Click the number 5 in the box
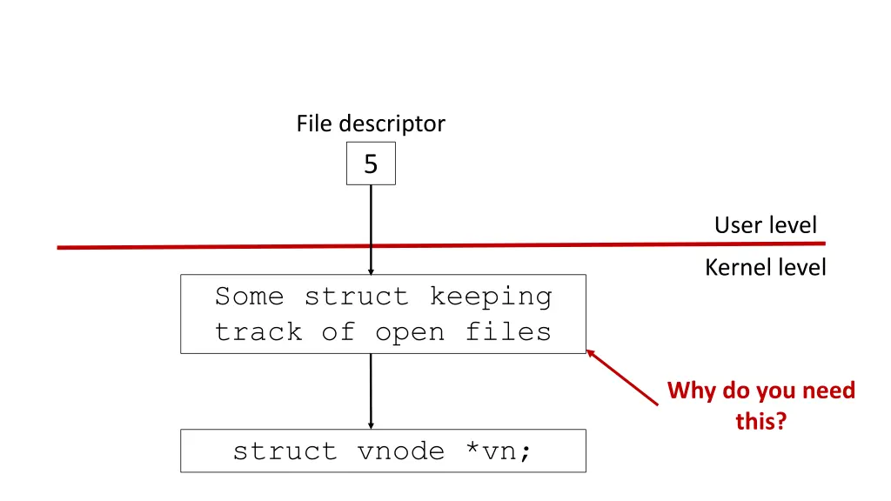click(371, 164)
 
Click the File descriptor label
click(370, 124)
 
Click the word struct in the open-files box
click(356, 297)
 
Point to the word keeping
click(490, 297)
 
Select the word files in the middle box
click(508, 332)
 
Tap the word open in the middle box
click(410, 332)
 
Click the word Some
click(249, 297)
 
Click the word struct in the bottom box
click(285, 451)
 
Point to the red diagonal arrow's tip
click(590, 351)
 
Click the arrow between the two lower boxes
click(371, 391)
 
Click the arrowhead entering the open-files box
click(371, 271)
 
